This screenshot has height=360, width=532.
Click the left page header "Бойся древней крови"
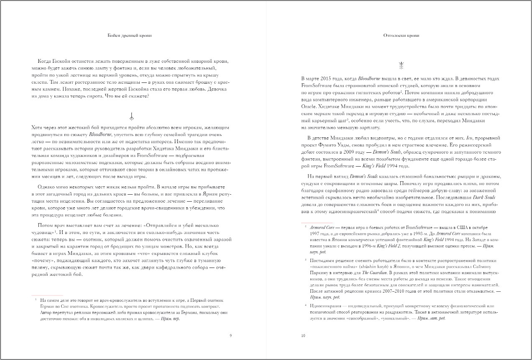coord(131,36)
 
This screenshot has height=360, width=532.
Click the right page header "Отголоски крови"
coord(401,36)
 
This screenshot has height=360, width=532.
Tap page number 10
coord(303,335)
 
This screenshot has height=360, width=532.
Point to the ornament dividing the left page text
coord(132,116)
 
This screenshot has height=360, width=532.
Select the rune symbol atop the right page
coord(401,65)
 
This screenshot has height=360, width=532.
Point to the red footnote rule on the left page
coord(47,295)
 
